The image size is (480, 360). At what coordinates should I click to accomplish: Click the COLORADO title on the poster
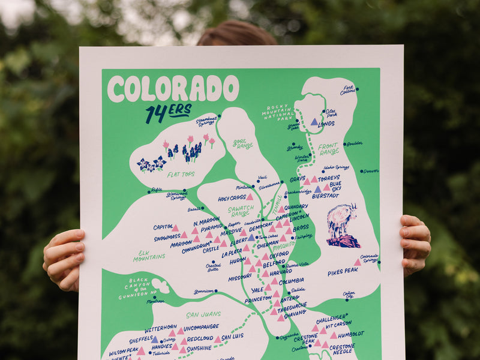(173, 89)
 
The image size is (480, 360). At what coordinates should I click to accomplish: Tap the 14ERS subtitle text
(168, 112)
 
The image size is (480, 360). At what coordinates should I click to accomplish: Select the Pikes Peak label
(343, 272)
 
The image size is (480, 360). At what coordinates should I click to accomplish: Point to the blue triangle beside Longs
(314, 122)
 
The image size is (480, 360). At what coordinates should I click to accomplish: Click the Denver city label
(370, 171)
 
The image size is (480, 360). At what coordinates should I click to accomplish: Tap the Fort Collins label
(347, 90)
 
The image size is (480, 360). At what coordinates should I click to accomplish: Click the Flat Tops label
(180, 175)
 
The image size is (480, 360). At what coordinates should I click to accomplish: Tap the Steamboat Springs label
(206, 121)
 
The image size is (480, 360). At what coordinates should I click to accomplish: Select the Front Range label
(329, 149)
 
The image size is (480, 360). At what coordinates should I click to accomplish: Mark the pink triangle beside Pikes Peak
(358, 262)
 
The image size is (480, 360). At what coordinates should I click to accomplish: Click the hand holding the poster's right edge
(415, 244)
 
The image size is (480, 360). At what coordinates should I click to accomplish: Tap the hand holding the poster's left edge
(64, 259)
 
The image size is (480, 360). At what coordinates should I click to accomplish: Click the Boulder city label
(355, 143)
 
